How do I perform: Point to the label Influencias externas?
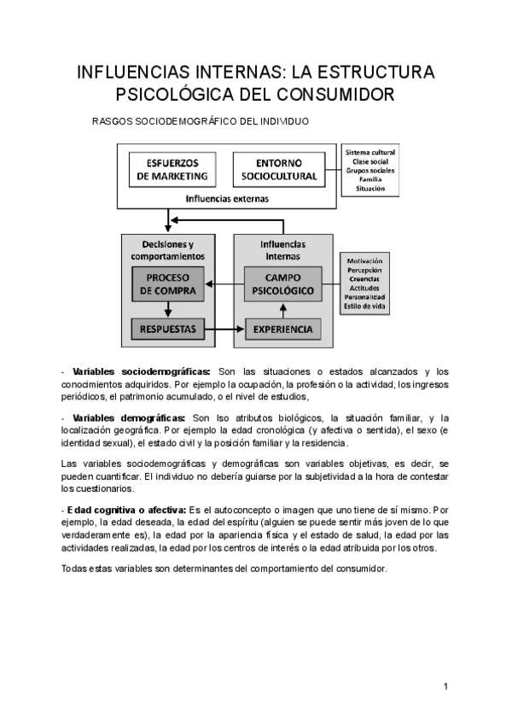227,198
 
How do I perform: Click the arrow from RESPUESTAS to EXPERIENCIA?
224,329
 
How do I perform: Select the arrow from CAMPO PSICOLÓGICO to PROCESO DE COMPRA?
224,284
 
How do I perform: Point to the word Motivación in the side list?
364,260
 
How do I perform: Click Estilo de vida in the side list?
364,306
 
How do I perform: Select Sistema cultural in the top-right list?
370,153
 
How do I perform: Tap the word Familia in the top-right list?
370,180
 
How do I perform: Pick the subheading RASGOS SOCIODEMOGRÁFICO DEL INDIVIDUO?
200,121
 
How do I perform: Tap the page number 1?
445,686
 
